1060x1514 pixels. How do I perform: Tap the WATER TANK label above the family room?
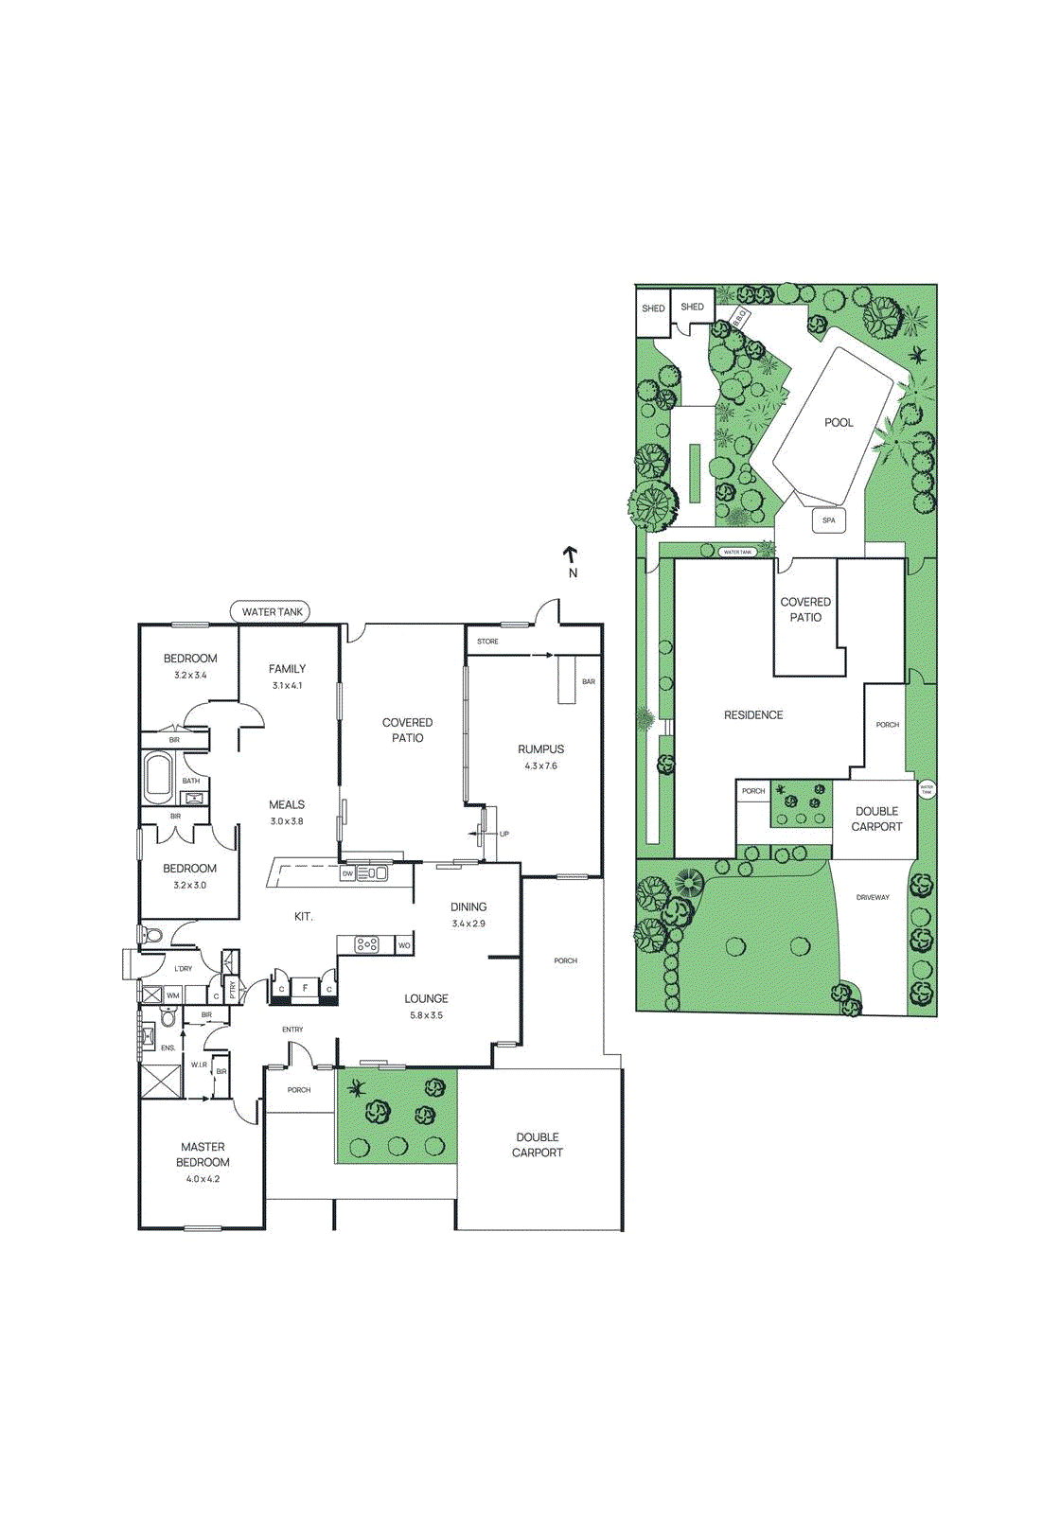[272, 612]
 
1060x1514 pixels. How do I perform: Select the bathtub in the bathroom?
[158, 777]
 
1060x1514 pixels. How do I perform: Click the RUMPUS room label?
[540, 748]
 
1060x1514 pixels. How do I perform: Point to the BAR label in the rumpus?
[589, 681]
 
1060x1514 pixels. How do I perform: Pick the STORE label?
[487, 642]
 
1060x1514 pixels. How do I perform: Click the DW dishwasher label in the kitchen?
[347, 873]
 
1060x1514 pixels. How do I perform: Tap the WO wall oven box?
[404, 945]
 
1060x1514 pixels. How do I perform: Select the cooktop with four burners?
[367, 944]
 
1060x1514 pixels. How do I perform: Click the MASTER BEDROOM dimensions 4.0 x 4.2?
[203, 1179]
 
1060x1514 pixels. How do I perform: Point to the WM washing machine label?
[173, 995]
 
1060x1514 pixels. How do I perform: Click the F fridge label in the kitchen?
[305, 988]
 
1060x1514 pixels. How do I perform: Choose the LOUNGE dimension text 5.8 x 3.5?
[426, 1015]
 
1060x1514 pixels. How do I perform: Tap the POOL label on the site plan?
[839, 423]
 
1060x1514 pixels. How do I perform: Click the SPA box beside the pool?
[829, 520]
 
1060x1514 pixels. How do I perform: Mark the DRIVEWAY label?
[873, 897]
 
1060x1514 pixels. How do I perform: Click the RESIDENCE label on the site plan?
[753, 715]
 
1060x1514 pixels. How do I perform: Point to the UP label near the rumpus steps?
[504, 834]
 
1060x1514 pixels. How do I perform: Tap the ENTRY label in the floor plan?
[292, 1030]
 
